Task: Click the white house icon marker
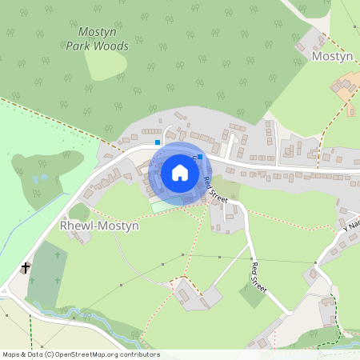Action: [179, 172]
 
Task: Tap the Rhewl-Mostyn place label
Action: [99, 226]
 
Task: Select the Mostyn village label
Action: [331, 57]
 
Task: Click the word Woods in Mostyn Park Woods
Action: [110, 46]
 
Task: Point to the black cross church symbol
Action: [26, 267]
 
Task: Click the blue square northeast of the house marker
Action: [198, 158]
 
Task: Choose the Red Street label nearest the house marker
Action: [211, 190]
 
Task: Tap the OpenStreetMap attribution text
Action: [80, 354]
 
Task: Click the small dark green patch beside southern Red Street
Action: [253, 295]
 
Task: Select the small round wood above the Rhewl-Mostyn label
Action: [80, 211]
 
